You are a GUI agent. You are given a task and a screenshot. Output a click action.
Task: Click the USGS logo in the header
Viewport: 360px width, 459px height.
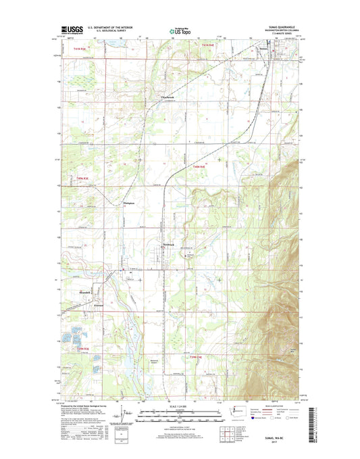click(71, 29)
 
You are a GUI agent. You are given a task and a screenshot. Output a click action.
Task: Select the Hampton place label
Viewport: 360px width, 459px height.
click(130, 203)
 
